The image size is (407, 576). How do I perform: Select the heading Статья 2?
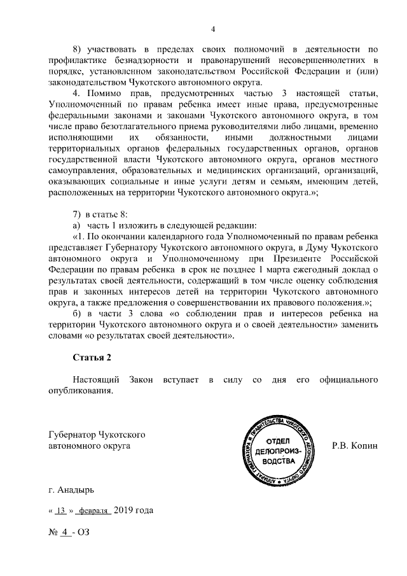coord(93,358)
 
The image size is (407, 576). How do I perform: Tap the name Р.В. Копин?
coord(355,446)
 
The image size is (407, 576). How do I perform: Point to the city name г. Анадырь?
coord(71,491)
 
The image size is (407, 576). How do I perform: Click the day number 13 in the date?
coord(61,511)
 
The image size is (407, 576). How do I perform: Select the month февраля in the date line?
coord(93,511)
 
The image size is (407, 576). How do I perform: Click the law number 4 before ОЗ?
coord(64,531)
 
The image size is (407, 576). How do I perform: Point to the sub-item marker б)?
coord(77,313)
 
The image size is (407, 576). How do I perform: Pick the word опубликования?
coord(81,391)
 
